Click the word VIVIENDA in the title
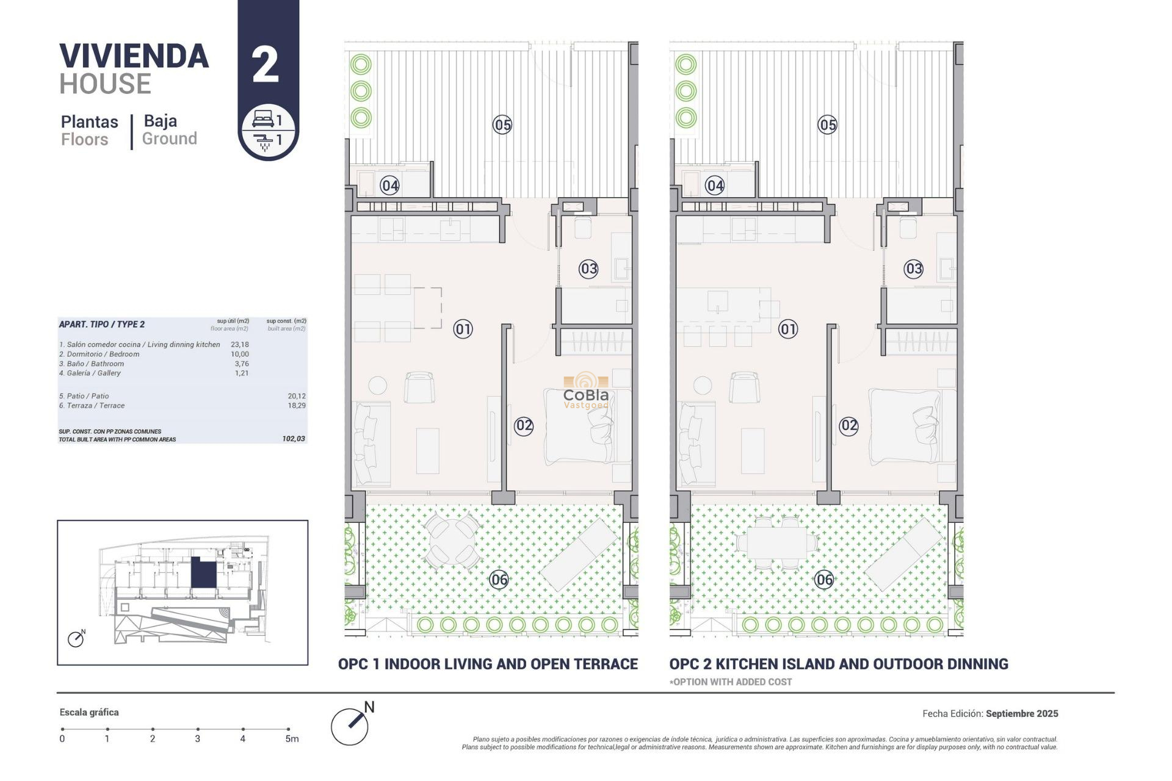click(134, 56)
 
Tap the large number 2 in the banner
click(266, 65)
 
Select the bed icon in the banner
click(262, 118)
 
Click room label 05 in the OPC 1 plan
click(502, 125)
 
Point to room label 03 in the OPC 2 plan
click(913, 268)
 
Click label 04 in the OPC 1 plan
click(389, 185)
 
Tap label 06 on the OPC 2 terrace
click(824, 580)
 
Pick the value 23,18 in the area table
click(240, 345)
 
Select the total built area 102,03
click(294, 439)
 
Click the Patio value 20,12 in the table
click(297, 396)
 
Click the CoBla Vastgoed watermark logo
click(586, 392)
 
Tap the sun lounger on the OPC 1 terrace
click(579, 554)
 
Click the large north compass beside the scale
click(350, 726)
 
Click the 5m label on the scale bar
click(292, 739)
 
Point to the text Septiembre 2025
click(1021, 713)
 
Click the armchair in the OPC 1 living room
click(419, 387)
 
